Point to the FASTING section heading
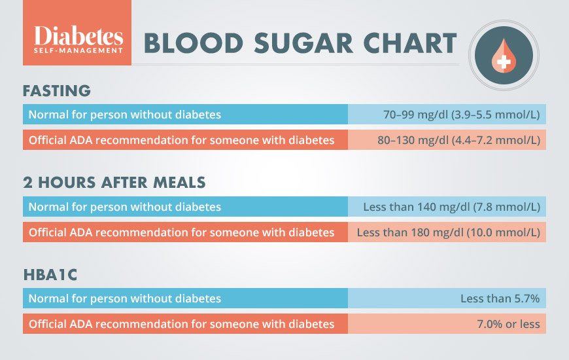pos(57,90)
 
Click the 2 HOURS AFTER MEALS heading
pos(115,183)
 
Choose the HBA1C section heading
pos(50,275)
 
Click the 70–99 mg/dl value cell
pos(461,115)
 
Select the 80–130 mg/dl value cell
pos(458,140)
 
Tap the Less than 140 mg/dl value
pos(451,207)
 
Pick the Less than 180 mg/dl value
pos(449,232)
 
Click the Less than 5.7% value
pos(500,298)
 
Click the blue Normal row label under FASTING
pos(124,115)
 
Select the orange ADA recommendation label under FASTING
pos(181,140)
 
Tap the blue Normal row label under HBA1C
pos(124,298)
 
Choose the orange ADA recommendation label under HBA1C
pos(181,324)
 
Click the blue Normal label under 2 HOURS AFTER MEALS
pos(124,207)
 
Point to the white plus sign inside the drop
pos(504,62)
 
